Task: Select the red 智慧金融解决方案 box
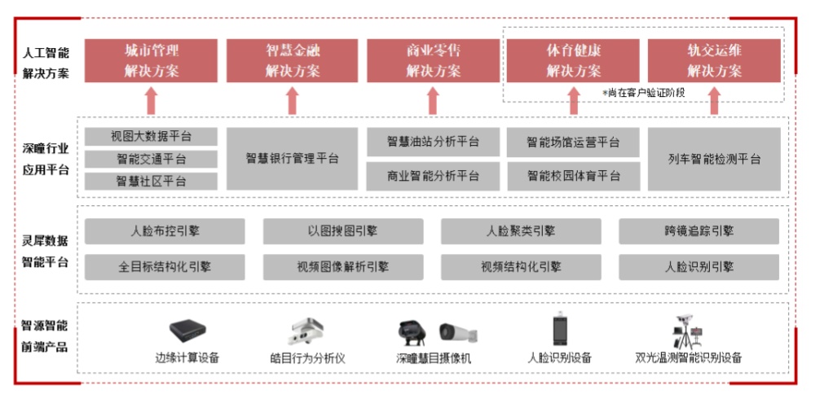292,60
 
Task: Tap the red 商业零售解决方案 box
433,60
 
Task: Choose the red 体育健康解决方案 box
574,60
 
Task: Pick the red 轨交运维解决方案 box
714,60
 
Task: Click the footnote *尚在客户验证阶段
643,93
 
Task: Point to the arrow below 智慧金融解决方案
293,101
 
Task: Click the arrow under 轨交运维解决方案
715,101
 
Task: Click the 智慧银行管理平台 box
292,158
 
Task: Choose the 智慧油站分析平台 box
433,142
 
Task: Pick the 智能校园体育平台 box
574,175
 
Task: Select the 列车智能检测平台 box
714,158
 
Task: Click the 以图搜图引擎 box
342,231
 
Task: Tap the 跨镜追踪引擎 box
699,231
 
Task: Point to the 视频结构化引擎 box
521,266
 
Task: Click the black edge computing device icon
187,331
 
